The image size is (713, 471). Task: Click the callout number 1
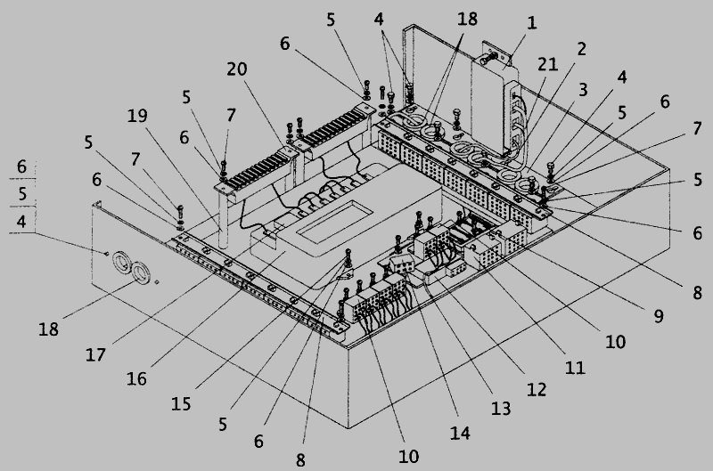pos(531,23)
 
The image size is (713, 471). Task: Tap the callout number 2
pos(581,49)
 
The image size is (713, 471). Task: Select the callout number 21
pos(547,64)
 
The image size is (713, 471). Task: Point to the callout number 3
pos(583,89)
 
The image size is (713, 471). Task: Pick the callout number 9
pos(658,316)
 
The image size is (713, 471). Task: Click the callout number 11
pos(575,368)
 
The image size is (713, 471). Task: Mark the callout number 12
pos(537,389)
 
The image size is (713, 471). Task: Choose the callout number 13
pos(501,409)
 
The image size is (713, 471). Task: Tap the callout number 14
pos(460,433)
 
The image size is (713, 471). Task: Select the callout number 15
pos(181,404)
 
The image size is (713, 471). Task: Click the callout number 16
pos(136,378)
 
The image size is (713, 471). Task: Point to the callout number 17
pos(95,354)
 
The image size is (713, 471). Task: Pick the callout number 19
pos(137,116)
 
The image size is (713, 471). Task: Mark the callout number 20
pos(237,69)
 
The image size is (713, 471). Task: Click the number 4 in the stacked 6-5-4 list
pos(21,222)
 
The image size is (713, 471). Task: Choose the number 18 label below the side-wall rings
pos(48,329)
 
